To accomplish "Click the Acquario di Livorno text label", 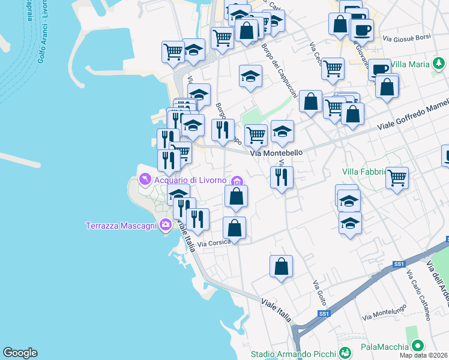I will (x=190, y=180).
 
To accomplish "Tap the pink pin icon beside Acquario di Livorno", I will (x=145, y=179).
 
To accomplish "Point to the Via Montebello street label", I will (x=276, y=153).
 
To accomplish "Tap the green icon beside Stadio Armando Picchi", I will (x=345, y=353).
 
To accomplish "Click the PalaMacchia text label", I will (x=384, y=347).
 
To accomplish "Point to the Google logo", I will (x=20, y=353).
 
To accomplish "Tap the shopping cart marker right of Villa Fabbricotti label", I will (x=397, y=178).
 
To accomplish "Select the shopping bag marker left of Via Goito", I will (x=281, y=266).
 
